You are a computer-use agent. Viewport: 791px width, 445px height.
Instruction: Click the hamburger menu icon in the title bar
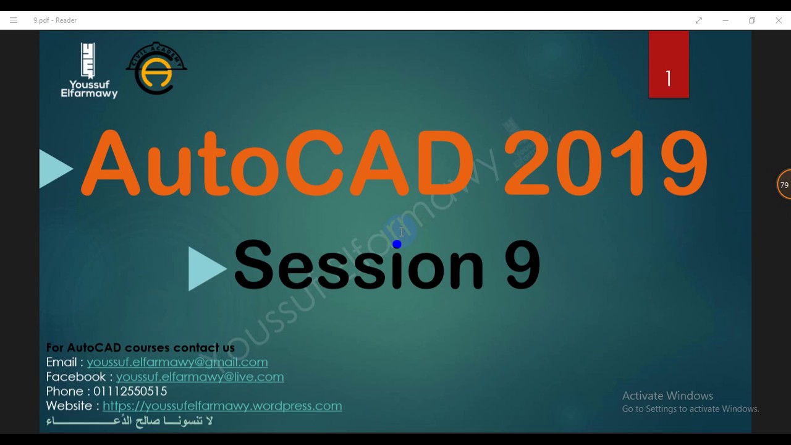(x=13, y=20)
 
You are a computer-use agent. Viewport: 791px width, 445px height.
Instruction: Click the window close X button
(x=779, y=20)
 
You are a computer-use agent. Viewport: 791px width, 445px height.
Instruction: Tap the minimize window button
(x=725, y=20)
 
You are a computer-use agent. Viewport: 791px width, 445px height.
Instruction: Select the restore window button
(x=752, y=20)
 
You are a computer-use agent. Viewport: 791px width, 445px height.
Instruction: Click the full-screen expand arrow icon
(x=699, y=20)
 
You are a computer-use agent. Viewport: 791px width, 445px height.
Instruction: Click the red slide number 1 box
(x=669, y=65)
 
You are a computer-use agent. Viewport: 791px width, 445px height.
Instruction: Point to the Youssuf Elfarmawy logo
(x=89, y=70)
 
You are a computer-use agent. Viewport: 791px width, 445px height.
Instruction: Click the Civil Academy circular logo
(x=156, y=69)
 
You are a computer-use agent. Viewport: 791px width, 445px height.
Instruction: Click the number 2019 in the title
(x=606, y=164)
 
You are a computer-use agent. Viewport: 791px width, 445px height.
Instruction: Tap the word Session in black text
(x=358, y=266)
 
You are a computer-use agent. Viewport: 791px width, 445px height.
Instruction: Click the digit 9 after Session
(x=523, y=266)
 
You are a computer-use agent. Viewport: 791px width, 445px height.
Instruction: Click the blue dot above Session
(x=397, y=245)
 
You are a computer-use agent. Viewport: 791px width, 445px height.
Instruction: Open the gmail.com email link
(x=177, y=362)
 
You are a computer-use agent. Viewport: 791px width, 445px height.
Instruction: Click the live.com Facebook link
(x=200, y=377)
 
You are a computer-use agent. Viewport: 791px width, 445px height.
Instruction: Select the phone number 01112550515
(x=130, y=391)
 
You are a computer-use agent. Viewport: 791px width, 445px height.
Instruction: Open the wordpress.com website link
(x=222, y=406)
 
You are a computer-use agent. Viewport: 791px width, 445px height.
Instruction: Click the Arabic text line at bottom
(x=129, y=421)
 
